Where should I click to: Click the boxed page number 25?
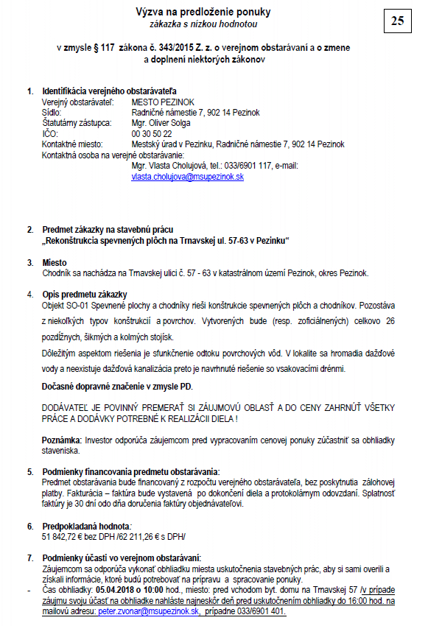(397, 21)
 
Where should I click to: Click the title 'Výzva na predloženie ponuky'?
(203, 12)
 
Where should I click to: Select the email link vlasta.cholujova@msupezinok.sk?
(187, 177)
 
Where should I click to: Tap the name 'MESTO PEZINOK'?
(160, 102)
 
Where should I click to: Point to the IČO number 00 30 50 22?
(152, 134)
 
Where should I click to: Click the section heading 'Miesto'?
(55, 262)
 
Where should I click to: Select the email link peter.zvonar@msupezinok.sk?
(149, 611)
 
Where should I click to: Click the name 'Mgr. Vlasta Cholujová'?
(167, 166)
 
